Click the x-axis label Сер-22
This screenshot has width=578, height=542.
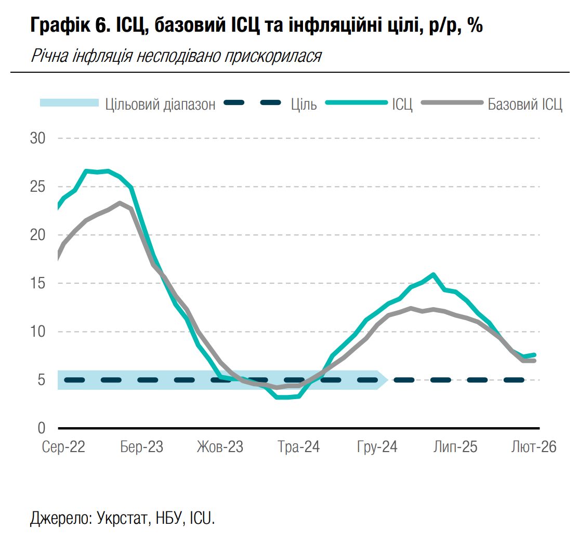(63, 447)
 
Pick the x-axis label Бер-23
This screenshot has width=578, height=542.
(141, 447)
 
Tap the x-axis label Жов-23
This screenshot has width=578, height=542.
(220, 447)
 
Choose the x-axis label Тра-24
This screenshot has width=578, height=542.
(299, 447)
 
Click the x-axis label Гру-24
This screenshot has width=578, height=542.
(377, 447)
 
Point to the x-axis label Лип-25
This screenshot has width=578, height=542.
(455, 447)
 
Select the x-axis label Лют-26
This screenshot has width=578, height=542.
(534, 447)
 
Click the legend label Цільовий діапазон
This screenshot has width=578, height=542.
(160, 104)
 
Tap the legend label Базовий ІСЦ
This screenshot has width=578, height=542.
(525, 104)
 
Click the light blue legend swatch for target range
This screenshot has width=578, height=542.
(69, 103)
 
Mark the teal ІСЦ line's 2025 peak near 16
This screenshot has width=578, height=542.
(433, 274)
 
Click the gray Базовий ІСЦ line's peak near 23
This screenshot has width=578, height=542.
(120, 203)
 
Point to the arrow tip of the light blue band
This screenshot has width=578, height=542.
(387, 380)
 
